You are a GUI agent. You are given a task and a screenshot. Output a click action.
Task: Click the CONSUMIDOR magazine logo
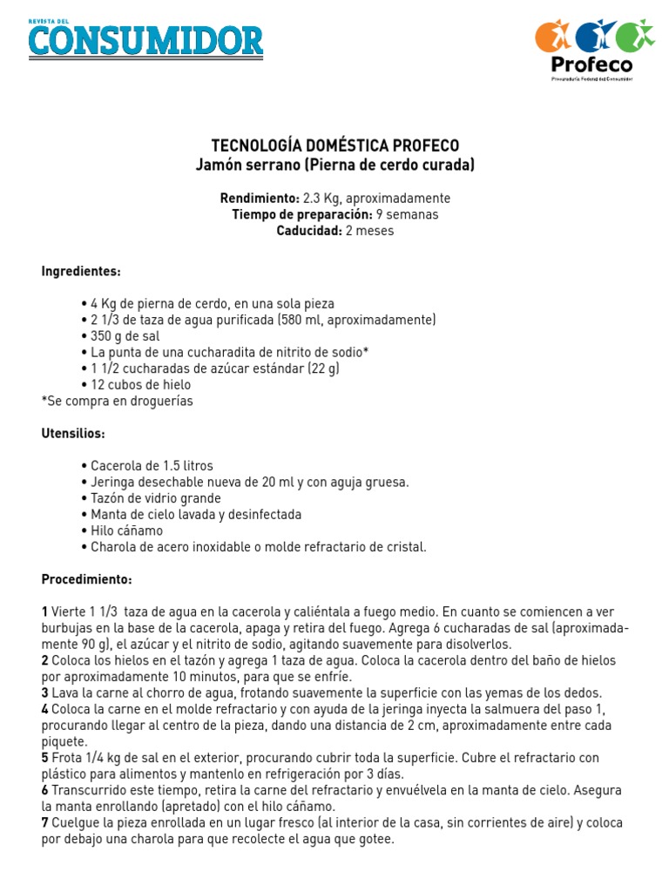pos(145,39)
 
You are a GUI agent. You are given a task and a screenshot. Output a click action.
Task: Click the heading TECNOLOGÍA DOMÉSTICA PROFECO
pos(335,145)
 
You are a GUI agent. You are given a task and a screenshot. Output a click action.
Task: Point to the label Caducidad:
pos(309,231)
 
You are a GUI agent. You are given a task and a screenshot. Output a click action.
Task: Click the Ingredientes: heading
pos(81,271)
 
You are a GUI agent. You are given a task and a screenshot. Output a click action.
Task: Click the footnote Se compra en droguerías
pos(118,401)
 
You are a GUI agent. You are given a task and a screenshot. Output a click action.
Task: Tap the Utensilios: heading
pos(73,433)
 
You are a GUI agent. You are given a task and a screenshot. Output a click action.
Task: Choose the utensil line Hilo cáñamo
pos(126,530)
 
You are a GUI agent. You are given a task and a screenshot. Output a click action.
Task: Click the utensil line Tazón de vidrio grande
pos(155,498)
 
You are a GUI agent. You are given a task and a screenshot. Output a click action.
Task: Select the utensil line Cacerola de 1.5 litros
pos(152,465)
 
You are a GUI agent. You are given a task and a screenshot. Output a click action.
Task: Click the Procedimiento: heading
pos(86,579)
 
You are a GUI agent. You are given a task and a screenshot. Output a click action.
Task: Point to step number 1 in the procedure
pos(44,612)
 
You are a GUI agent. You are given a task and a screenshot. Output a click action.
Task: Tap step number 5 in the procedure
pos(44,758)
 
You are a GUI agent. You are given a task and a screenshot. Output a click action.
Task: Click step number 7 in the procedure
pos(44,823)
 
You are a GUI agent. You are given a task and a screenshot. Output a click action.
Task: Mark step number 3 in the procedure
pos(44,693)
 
